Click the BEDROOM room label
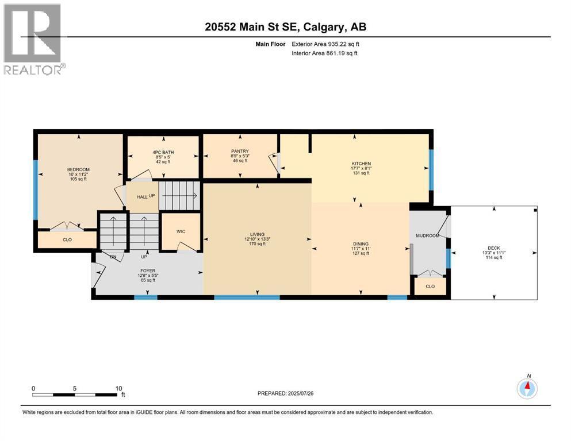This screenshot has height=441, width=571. (x=78, y=169)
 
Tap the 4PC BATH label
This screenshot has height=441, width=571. (x=163, y=152)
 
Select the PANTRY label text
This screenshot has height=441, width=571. (x=240, y=151)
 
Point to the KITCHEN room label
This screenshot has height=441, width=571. (x=361, y=164)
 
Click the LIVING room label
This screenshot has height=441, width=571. (x=257, y=234)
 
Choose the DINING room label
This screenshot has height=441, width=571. (x=361, y=244)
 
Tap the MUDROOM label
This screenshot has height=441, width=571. (x=427, y=235)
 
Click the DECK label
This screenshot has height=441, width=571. (x=494, y=248)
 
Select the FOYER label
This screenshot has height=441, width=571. (x=148, y=271)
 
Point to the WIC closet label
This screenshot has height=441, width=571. (x=181, y=231)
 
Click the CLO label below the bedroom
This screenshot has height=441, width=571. (x=67, y=239)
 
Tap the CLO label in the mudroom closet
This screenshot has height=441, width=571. (x=430, y=287)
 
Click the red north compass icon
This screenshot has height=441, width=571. (x=527, y=389)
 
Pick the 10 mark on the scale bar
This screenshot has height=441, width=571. (x=118, y=388)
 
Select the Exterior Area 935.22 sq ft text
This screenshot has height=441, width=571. (x=325, y=44)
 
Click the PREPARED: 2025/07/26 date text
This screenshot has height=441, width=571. (x=285, y=393)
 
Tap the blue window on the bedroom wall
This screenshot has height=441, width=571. (x=36, y=189)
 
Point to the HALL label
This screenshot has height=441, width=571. (x=142, y=197)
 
